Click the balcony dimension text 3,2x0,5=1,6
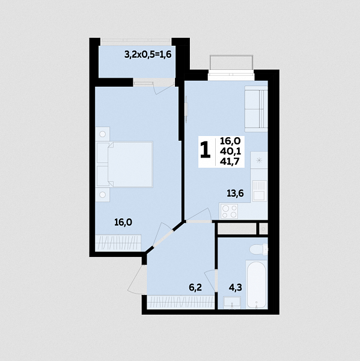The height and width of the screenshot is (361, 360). pos(148,55)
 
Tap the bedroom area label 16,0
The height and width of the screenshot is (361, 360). pos(123,223)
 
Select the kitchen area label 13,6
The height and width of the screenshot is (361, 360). pos(235,193)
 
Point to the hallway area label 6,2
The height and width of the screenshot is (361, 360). pos(195,288)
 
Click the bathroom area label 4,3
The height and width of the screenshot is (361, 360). pos(236,288)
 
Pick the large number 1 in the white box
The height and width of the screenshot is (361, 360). pos(206,150)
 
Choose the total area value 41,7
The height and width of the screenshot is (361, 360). pos(230,162)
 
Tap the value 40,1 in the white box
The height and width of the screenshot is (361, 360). pos(231,151)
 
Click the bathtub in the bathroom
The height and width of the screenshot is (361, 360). pos(257,285)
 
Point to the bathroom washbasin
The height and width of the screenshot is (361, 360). pos(232,303)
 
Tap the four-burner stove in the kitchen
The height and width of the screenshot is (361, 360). pos(229,211)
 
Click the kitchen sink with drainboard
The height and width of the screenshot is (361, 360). pos(260,191)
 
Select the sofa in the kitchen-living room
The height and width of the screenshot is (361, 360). pos(256,109)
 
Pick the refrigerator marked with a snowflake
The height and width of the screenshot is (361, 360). pos(259,160)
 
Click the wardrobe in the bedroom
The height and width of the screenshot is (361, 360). pos(118,242)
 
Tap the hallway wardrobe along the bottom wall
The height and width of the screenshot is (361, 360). pos(181,302)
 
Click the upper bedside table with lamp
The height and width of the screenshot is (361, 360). pos(102,134)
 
